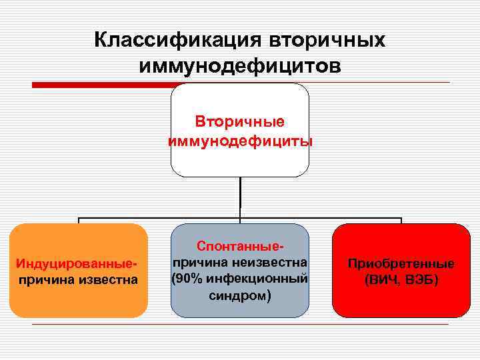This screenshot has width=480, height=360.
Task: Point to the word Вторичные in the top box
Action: pos(239,122)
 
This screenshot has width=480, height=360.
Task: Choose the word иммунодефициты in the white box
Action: pos(239,141)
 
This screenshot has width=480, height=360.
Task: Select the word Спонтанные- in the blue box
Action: pos(240,246)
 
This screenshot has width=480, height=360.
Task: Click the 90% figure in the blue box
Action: pos(190,277)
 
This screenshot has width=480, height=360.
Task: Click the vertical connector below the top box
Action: pos(240,197)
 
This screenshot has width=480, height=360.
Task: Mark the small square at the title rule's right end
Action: pos(447,85)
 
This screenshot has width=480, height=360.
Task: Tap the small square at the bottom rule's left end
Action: pos(33,325)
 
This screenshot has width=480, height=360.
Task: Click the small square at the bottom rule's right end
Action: pos(447,325)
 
